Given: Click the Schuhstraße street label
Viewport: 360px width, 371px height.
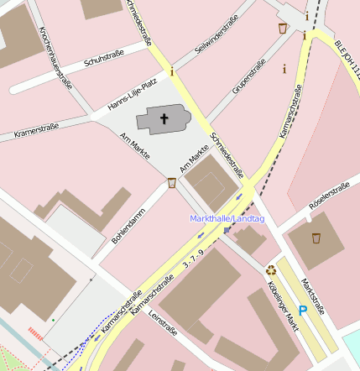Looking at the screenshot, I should coord(104,61).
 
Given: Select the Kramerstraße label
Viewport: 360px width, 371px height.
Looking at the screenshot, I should coord(36,130).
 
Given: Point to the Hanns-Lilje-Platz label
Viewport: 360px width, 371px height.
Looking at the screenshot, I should coord(133,94).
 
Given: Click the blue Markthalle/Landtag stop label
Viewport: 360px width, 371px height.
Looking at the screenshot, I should coord(227,219).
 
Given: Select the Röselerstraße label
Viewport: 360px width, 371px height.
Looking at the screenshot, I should coord(329,195).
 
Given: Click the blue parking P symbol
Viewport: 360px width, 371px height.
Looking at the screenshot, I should coord(303,311).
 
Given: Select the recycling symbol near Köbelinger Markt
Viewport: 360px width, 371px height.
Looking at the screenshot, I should coord(271,270).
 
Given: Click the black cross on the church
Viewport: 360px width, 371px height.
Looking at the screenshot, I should coord(164,120).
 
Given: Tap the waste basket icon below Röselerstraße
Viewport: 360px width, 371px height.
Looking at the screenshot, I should coord(316,238).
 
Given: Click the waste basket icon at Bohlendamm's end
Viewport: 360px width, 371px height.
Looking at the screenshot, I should coord(172,183).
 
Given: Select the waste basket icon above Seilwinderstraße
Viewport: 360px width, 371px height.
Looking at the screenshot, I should coord(283,29).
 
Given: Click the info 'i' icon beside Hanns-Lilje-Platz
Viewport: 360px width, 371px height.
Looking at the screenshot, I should coord(172,71).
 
